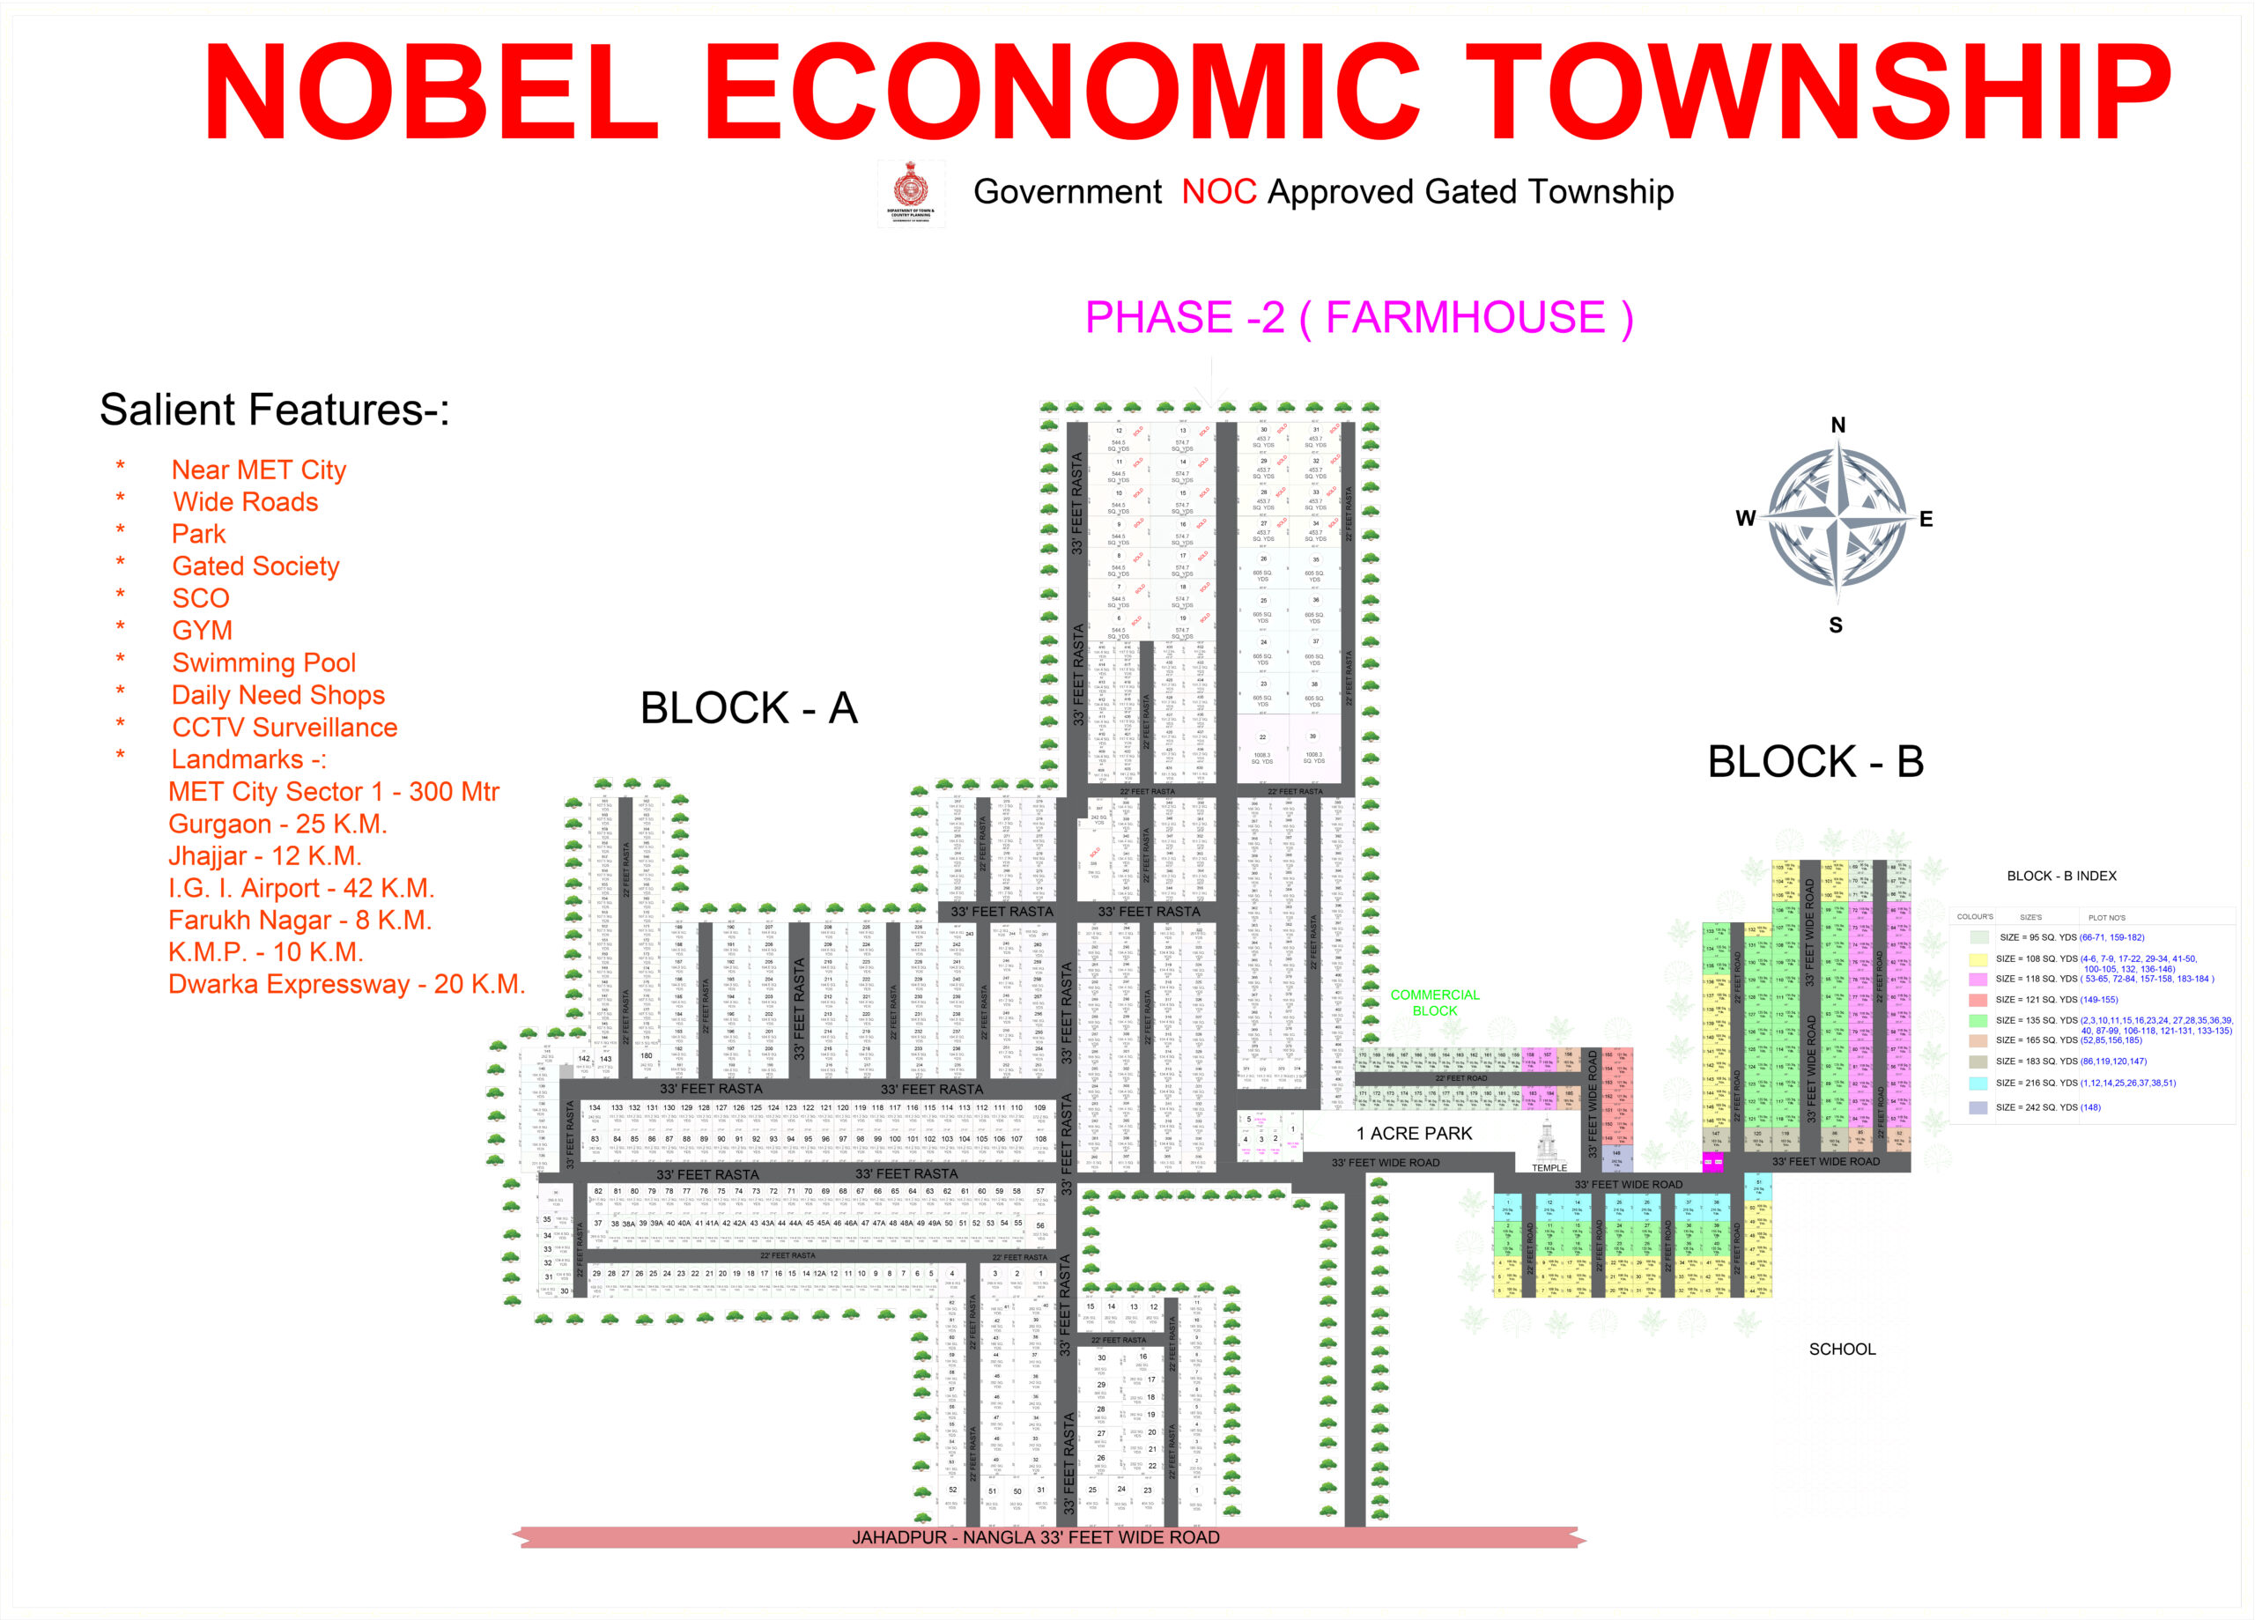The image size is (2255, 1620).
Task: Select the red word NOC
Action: click(x=1219, y=191)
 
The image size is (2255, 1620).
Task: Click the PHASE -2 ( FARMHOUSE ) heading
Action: click(x=1358, y=318)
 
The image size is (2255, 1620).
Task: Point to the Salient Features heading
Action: click(x=275, y=410)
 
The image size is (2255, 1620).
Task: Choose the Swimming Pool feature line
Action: click(x=263, y=662)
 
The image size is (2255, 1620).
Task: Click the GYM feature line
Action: click(x=202, y=631)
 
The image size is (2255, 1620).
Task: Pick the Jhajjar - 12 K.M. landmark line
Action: click(x=264, y=855)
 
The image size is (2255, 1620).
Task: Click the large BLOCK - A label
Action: click(x=748, y=708)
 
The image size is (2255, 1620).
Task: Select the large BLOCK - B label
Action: click(x=1815, y=762)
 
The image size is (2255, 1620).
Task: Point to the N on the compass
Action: click(x=1837, y=425)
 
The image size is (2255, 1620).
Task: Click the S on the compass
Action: click(x=1836, y=625)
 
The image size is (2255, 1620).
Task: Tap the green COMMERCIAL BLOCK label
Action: click(x=1434, y=1002)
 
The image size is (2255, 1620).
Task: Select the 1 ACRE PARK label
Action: click(x=1414, y=1134)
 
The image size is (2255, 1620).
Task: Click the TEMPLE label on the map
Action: click(x=1548, y=1167)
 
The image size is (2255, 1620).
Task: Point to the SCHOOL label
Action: click(x=1841, y=1349)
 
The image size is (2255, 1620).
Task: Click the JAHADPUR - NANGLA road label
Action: click(x=1035, y=1537)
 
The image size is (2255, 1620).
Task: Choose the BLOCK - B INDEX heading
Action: click(x=2061, y=877)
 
